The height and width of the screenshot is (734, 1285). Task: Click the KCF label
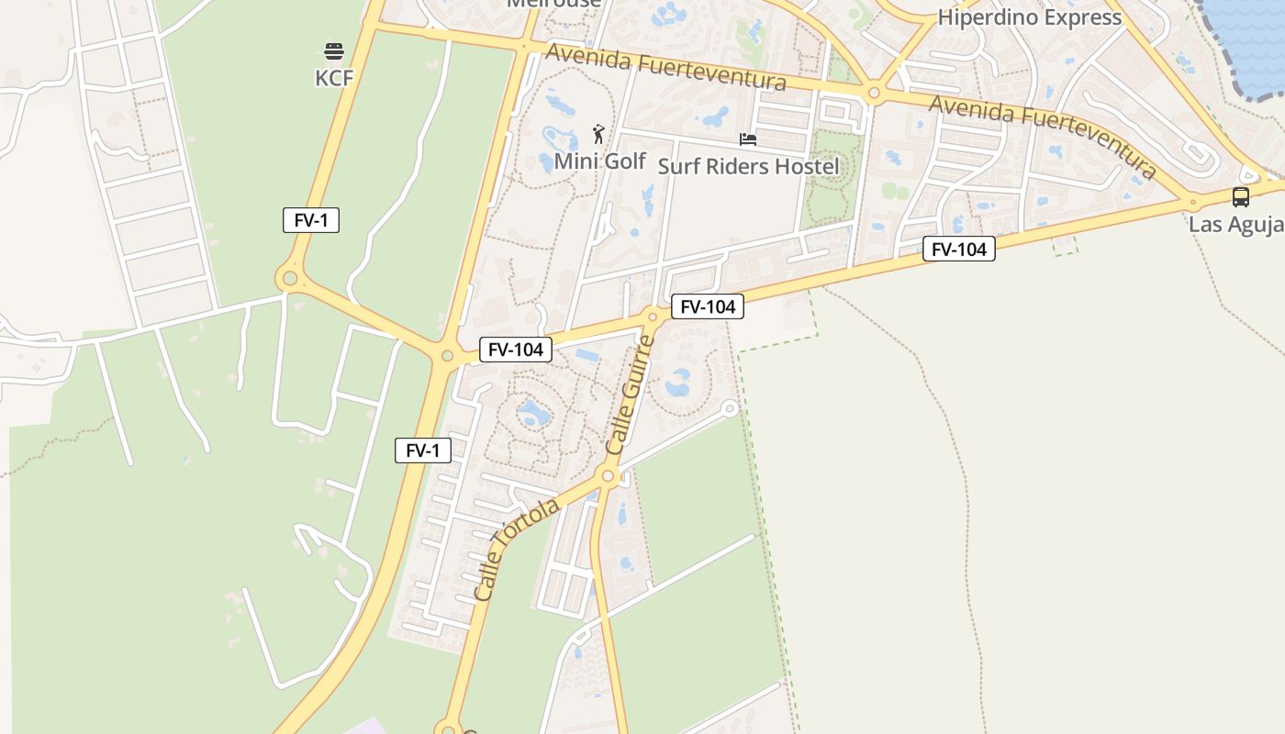click(334, 78)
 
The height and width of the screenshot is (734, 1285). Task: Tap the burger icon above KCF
click(333, 50)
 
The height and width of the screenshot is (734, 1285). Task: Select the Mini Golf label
click(600, 161)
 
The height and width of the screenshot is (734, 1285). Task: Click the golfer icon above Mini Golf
click(598, 134)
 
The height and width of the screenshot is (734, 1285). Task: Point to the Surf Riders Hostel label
click(748, 166)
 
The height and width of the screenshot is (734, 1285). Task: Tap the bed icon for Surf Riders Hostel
click(748, 139)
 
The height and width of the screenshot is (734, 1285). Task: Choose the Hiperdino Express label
click(1029, 17)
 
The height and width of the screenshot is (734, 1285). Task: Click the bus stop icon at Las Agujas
click(1240, 196)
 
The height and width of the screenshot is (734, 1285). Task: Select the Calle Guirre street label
click(631, 395)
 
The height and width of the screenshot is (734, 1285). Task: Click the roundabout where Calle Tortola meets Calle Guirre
click(607, 475)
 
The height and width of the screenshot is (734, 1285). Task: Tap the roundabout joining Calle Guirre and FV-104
click(653, 317)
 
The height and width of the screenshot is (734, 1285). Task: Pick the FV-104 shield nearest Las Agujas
click(958, 249)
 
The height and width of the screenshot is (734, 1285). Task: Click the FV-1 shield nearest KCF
click(311, 220)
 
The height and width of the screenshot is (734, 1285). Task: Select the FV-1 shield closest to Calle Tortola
click(423, 450)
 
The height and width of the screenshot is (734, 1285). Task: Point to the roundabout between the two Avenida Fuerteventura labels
click(874, 93)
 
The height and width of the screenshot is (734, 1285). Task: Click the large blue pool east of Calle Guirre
click(678, 383)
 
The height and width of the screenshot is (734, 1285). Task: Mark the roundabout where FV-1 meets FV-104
click(447, 356)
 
